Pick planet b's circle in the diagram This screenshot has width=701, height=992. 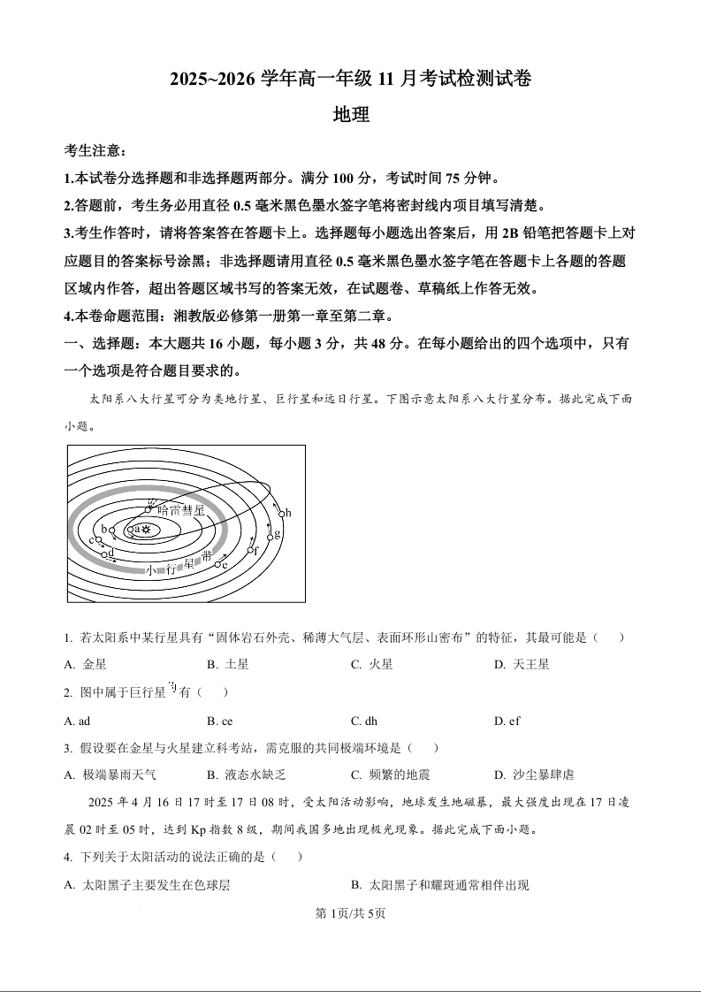coord(112,531)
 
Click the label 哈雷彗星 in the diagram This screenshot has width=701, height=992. coord(180,510)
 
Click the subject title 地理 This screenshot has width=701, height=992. coord(350,114)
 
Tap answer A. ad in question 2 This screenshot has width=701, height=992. coord(78,721)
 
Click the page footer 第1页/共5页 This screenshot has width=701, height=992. coord(351,913)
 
